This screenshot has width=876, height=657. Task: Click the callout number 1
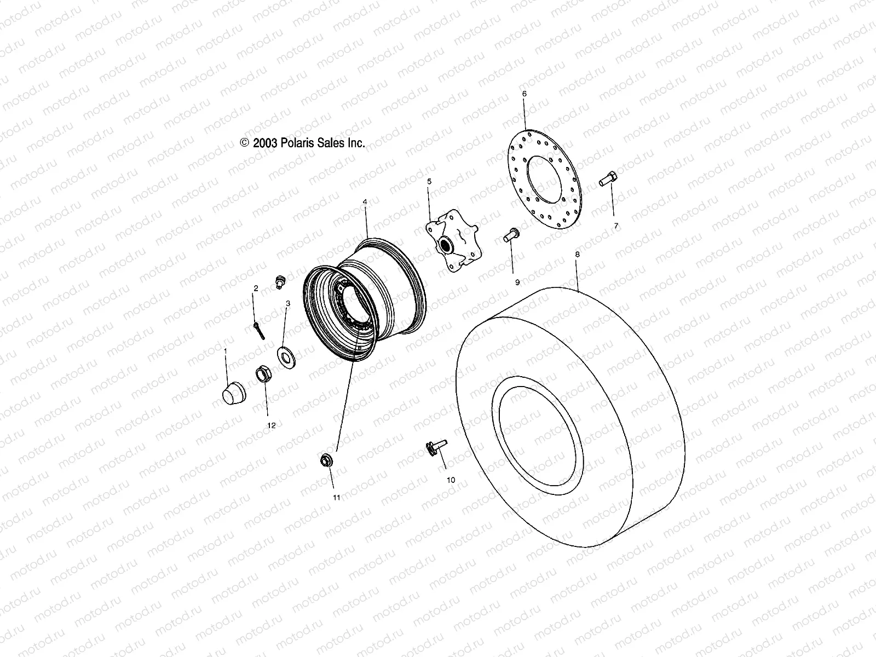click(225, 348)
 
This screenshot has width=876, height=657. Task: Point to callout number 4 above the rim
click(365, 201)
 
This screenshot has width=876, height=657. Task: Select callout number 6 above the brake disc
click(524, 94)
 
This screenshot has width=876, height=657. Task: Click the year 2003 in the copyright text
click(266, 143)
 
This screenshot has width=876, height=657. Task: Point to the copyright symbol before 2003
click(245, 143)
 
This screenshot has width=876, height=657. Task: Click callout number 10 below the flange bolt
click(451, 480)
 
